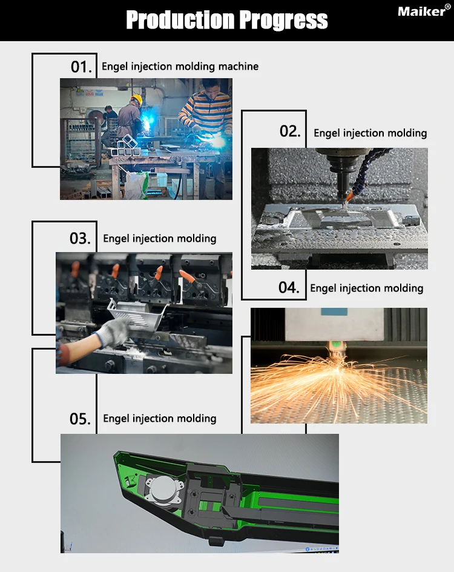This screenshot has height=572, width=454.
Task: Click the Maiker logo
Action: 424,11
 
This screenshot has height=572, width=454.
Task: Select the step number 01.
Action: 81,67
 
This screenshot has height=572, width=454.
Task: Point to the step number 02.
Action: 290,131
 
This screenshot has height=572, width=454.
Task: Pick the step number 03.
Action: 80,238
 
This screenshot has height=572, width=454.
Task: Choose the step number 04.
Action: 289,287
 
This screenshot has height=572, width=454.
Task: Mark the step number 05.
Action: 80,419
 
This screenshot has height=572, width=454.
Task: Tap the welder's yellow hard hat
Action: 136,99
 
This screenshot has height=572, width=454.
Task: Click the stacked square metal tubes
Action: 125,145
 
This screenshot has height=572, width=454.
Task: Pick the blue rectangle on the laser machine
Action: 334,312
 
